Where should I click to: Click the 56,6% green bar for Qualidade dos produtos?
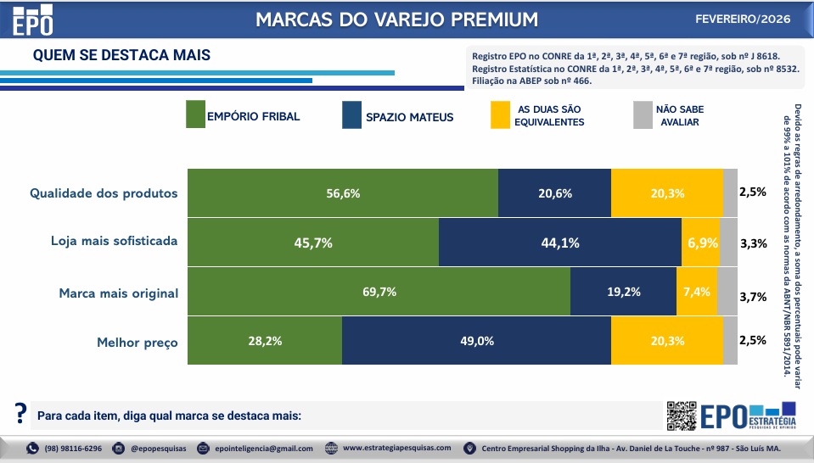pos(343,192)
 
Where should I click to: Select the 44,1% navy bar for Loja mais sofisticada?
pos(559,243)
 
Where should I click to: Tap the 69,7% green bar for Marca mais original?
pos(379,292)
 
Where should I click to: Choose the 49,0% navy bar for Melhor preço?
pos(476,341)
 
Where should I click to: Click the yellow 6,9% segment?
pos(700,243)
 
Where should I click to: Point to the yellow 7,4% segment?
pos(696,292)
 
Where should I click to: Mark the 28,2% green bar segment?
pos(264,341)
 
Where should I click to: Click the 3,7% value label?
pos(753,297)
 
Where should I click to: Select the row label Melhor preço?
pos(138,343)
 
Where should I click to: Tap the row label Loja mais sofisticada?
pos(115,240)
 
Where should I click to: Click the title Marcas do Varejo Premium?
pos(396,19)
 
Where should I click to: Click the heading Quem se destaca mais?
pos(121,55)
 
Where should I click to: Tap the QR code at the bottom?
pos(681,415)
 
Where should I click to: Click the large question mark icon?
pos(20,414)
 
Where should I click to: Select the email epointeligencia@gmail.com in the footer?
pos(263,449)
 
